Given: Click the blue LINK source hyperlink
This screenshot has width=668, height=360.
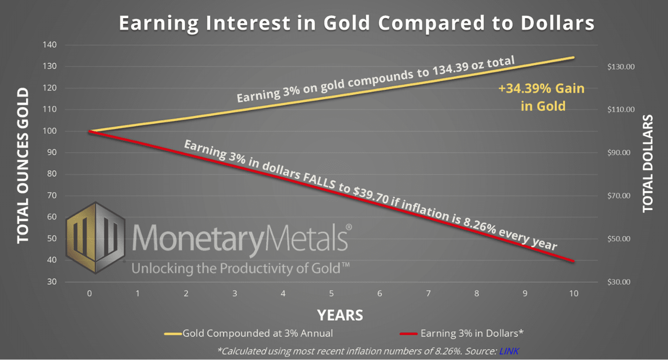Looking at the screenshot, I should pyautogui.click(x=509, y=351).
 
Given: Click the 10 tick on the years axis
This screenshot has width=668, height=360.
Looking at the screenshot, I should pyautogui.click(x=574, y=294).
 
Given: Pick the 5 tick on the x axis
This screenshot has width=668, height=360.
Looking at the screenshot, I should pyautogui.click(x=331, y=294).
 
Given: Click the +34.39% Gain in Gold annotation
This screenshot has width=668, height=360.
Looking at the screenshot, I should pyautogui.click(x=542, y=97).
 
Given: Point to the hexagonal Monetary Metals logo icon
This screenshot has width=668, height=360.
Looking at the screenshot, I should pyautogui.click(x=95, y=238).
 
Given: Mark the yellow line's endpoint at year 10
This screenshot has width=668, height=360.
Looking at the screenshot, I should pyautogui.click(x=574, y=58).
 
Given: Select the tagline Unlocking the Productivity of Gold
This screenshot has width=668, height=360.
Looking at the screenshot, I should pyautogui.click(x=240, y=268).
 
